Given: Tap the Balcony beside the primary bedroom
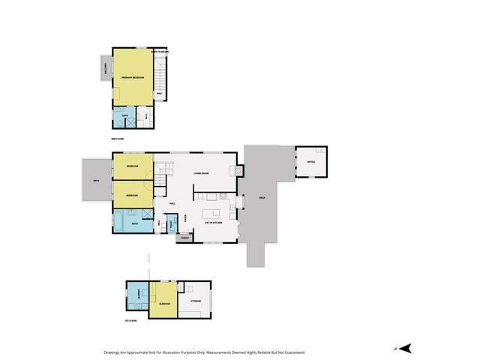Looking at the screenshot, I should [x=106, y=69].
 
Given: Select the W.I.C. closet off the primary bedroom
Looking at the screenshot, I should [x=145, y=118].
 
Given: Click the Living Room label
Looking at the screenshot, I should [x=200, y=173].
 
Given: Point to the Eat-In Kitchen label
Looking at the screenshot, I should [x=214, y=223].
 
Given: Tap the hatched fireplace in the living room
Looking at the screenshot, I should [x=238, y=171].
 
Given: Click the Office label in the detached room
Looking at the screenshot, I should [x=310, y=161].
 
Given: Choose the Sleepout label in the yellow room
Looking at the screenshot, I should [x=164, y=303].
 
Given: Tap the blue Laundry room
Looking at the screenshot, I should [x=138, y=298].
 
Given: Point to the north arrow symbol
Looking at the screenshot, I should [x=405, y=347].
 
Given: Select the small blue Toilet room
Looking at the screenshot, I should [x=171, y=223].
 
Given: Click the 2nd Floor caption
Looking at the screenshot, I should [x=116, y=139].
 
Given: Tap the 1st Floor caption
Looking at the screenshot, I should [x=131, y=320].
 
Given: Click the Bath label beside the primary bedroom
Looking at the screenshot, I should [x=124, y=116].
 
